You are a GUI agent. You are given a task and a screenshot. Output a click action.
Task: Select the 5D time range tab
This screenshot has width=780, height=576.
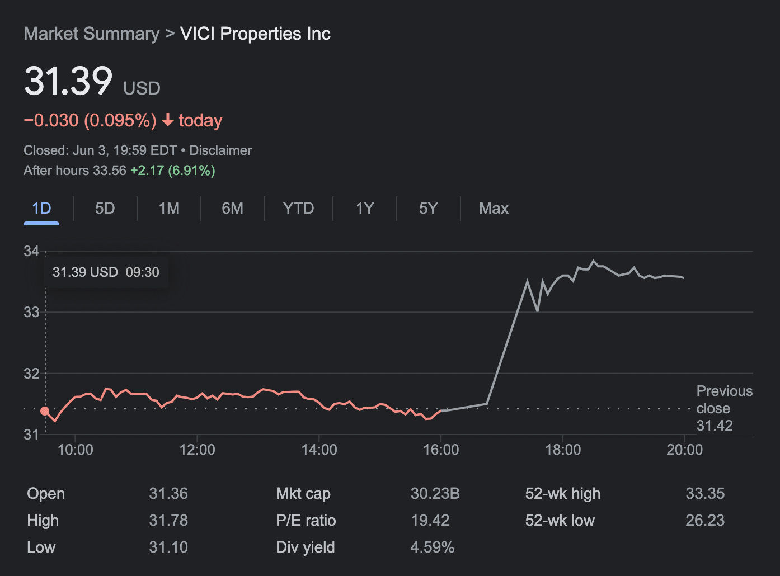click(x=105, y=209)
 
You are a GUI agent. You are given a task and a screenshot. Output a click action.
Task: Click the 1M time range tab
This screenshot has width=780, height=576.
click(x=169, y=209)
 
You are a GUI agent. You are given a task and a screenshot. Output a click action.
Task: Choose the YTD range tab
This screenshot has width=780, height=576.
click(x=298, y=209)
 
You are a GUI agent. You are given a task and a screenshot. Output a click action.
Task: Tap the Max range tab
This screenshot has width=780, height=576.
click(x=494, y=209)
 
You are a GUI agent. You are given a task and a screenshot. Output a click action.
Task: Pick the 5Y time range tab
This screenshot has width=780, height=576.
click(x=428, y=209)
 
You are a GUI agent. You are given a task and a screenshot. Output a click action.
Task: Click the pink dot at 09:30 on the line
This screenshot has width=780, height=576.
click(x=45, y=411)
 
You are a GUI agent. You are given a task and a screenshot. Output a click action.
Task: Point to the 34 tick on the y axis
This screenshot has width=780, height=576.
click(x=31, y=251)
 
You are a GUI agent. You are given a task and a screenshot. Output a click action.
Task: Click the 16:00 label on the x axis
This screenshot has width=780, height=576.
click(x=441, y=450)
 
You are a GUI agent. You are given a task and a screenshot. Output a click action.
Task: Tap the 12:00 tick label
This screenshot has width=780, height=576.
click(x=197, y=450)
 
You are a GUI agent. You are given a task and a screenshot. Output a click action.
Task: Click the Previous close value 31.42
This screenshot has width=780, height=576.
click(x=714, y=426)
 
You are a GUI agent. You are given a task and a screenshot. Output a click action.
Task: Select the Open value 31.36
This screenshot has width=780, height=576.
click(x=168, y=494)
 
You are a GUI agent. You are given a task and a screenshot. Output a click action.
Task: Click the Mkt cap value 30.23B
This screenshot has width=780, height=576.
click(x=435, y=494)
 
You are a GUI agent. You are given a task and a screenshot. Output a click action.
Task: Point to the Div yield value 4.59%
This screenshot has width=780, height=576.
click(x=432, y=547)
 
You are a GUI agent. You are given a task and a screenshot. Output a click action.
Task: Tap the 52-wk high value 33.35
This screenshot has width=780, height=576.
click(x=705, y=494)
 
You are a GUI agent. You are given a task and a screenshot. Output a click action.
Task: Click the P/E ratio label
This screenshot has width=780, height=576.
click(x=306, y=521)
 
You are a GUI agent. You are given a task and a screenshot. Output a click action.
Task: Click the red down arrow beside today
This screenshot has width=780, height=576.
click(x=167, y=120)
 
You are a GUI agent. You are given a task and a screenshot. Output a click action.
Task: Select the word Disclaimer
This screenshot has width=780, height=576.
click(x=220, y=150)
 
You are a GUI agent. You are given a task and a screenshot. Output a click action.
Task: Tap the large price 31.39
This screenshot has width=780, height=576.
click(x=68, y=81)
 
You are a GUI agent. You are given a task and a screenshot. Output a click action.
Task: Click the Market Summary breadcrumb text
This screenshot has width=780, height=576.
click(x=91, y=34)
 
